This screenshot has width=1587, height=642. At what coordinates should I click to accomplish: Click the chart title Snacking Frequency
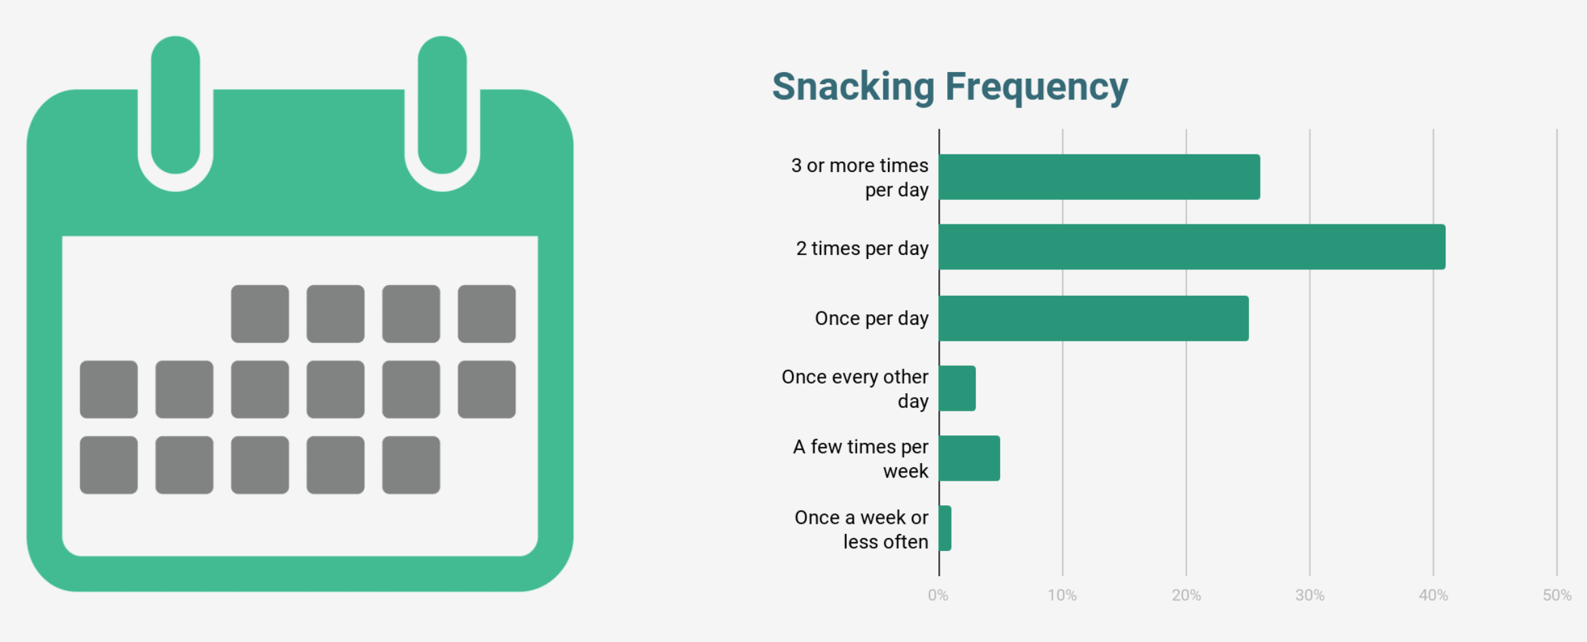point(950,88)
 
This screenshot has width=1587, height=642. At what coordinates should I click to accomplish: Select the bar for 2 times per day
point(1193,247)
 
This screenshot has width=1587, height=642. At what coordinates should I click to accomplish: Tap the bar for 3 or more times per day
point(1099,177)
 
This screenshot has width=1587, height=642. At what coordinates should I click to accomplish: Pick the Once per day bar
point(1094,318)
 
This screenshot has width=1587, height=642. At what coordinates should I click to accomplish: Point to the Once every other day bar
point(957,388)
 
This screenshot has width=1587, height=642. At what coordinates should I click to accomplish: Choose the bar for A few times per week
point(970,458)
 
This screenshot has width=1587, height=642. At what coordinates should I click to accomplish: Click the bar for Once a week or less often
point(945,528)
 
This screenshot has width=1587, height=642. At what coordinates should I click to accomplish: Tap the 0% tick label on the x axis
point(938,595)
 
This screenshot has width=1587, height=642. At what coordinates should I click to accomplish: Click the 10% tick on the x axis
point(1062,595)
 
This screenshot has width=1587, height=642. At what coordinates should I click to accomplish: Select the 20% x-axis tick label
point(1186,595)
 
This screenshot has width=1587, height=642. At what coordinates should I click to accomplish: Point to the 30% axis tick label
point(1310,595)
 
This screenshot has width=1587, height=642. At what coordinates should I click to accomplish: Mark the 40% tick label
point(1433,595)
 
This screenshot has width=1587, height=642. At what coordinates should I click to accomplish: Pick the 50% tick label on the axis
point(1557,595)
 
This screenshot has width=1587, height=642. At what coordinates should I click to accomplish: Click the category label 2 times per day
point(862,249)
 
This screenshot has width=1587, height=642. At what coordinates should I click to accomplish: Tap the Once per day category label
point(872,319)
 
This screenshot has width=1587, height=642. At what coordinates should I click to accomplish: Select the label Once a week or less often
point(861,530)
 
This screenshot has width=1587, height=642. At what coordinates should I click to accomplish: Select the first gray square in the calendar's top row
point(260,314)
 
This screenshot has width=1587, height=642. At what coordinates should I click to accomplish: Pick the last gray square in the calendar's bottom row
point(411,465)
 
